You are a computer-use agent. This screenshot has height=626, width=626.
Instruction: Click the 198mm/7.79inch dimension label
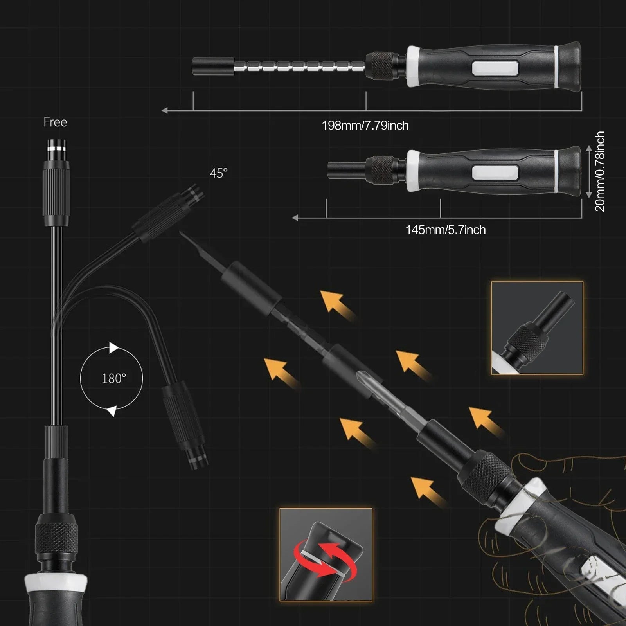(365, 126)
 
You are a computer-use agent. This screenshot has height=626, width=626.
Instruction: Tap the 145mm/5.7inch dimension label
(446, 230)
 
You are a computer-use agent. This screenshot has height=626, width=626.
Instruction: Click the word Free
(55, 122)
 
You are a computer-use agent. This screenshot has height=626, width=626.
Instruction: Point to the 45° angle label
(219, 173)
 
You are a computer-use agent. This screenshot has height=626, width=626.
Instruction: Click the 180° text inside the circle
(114, 379)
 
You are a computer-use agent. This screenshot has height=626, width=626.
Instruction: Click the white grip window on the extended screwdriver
(495, 67)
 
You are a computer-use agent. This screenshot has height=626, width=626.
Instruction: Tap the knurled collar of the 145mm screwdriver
(382, 170)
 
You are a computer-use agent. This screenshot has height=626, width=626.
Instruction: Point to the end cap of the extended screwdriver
(569, 65)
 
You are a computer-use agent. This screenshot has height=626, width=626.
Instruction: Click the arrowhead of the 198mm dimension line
(165, 111)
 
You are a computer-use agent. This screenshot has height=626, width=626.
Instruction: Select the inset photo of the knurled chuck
(537, 328)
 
